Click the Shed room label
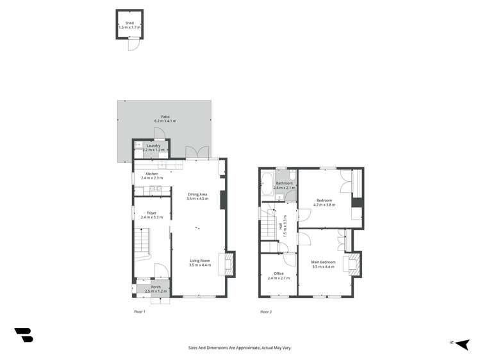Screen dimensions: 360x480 (129, 23)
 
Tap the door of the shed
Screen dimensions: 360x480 (133, 44)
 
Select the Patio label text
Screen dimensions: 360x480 (165, 117)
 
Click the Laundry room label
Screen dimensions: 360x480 (153, 145)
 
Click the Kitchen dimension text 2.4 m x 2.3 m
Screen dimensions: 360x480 (152, 178)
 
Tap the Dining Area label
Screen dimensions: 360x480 (197, 194)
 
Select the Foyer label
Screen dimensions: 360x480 (152, 213)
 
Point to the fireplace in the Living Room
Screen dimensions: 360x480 (226, 263)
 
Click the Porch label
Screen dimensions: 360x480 (156, 287)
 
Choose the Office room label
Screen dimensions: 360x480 (279, 274)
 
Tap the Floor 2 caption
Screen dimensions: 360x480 (266, 312)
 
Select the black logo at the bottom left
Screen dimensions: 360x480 (24, 334)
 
